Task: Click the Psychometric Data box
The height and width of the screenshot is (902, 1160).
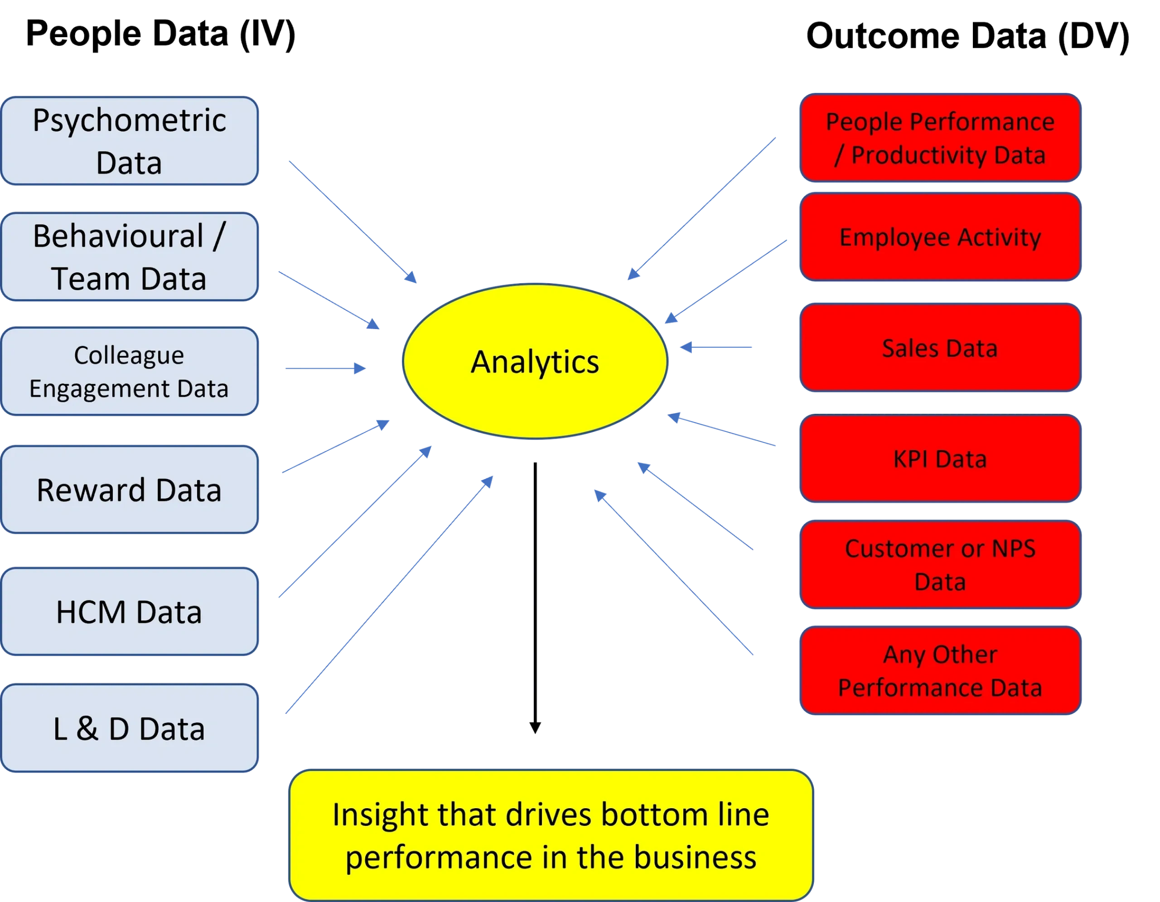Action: [130, 141]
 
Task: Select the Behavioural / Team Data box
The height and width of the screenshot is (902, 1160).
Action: [130, 257]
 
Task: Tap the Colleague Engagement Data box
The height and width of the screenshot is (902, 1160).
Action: [130, 371]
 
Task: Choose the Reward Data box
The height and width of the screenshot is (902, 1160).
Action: [130, 489]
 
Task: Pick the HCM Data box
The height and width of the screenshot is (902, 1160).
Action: [130, 611]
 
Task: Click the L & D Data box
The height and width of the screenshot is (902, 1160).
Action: [130, 728]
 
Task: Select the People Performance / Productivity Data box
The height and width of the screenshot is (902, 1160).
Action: [940, 138]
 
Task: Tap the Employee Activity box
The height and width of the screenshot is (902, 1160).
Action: [940, 237]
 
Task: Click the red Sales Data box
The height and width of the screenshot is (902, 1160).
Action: [940, 348]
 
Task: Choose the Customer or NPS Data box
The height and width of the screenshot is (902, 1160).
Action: [940, 565]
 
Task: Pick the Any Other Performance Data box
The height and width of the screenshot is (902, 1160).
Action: [940, 670]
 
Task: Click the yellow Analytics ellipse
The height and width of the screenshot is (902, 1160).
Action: [535, 362]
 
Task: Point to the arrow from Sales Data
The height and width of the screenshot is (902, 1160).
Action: [717, 347]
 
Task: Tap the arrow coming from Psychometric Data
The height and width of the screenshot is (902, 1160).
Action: [353, 222]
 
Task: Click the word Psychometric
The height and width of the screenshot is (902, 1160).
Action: [130, 121]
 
